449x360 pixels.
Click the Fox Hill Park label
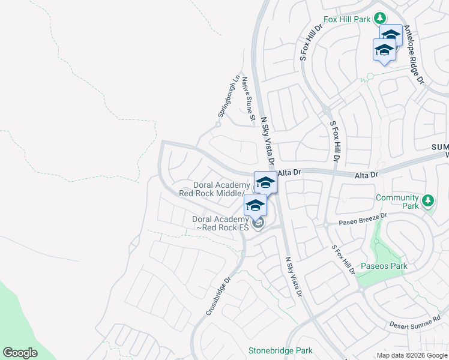[348, 19]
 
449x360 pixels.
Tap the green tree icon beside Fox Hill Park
[379, 19]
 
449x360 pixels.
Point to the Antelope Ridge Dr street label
[414, 54]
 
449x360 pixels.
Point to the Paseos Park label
[384, 266]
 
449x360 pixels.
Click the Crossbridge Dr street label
[218, 296]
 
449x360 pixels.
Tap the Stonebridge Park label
[281, 350]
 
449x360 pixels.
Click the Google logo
[20, 353]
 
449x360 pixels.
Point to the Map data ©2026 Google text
[412, 355]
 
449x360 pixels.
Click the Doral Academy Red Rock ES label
[220, 223]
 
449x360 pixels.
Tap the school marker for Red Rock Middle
[265, 182]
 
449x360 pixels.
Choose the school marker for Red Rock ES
[255, 205]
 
